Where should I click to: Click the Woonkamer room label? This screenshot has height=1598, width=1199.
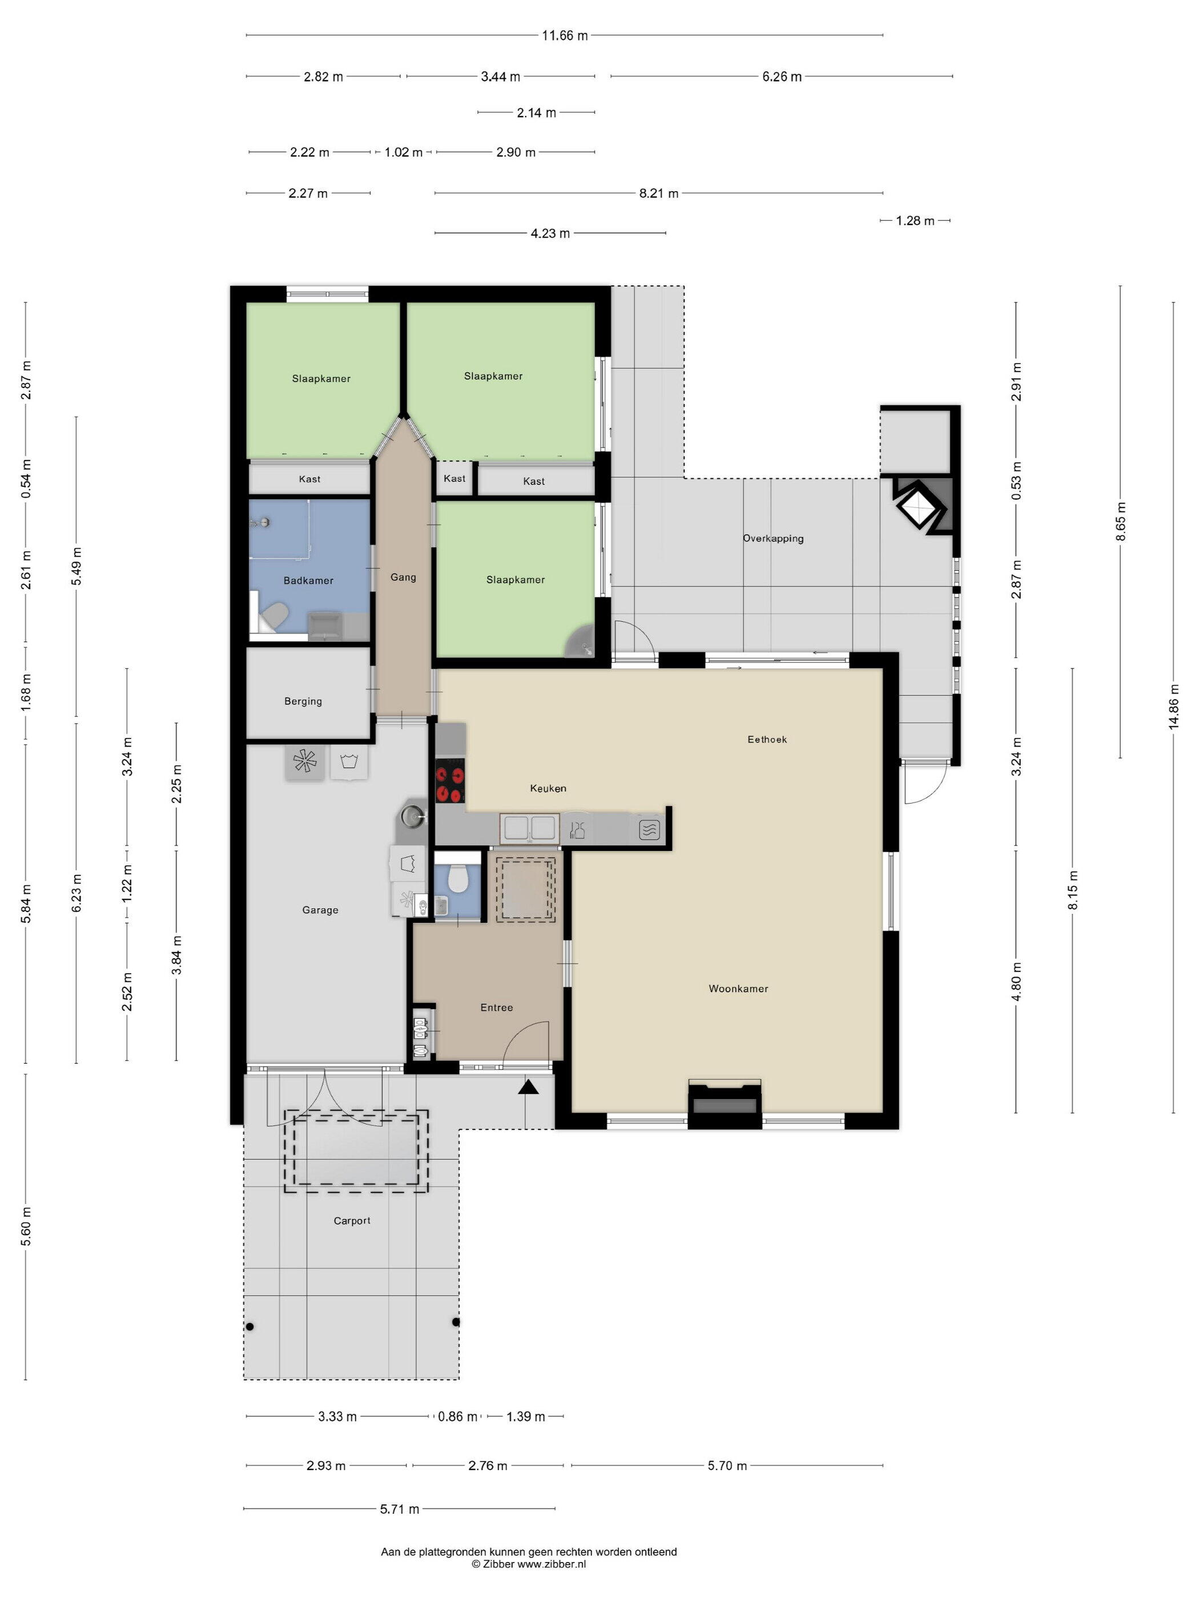click(738, 988)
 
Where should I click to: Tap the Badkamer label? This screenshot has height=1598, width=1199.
click(309, 580)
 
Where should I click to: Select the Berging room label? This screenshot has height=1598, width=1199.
click(303, 701)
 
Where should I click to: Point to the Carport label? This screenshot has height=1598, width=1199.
click(352, 1220)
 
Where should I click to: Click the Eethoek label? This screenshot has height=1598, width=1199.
click(767, 739)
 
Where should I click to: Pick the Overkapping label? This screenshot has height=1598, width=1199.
click(773, 538)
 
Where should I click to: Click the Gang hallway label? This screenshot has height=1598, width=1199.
click(403, 577)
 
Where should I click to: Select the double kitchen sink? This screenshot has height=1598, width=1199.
click(530, 828)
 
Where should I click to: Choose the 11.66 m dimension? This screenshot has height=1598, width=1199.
click(565, 35)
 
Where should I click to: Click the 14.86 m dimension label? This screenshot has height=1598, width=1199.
click(1174, 707)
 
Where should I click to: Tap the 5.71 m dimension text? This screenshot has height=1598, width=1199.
click(400, 1508)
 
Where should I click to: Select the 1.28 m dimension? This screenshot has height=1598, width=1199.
click(915, 220)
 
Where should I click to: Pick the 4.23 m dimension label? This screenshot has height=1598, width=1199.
click(550, 233)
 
